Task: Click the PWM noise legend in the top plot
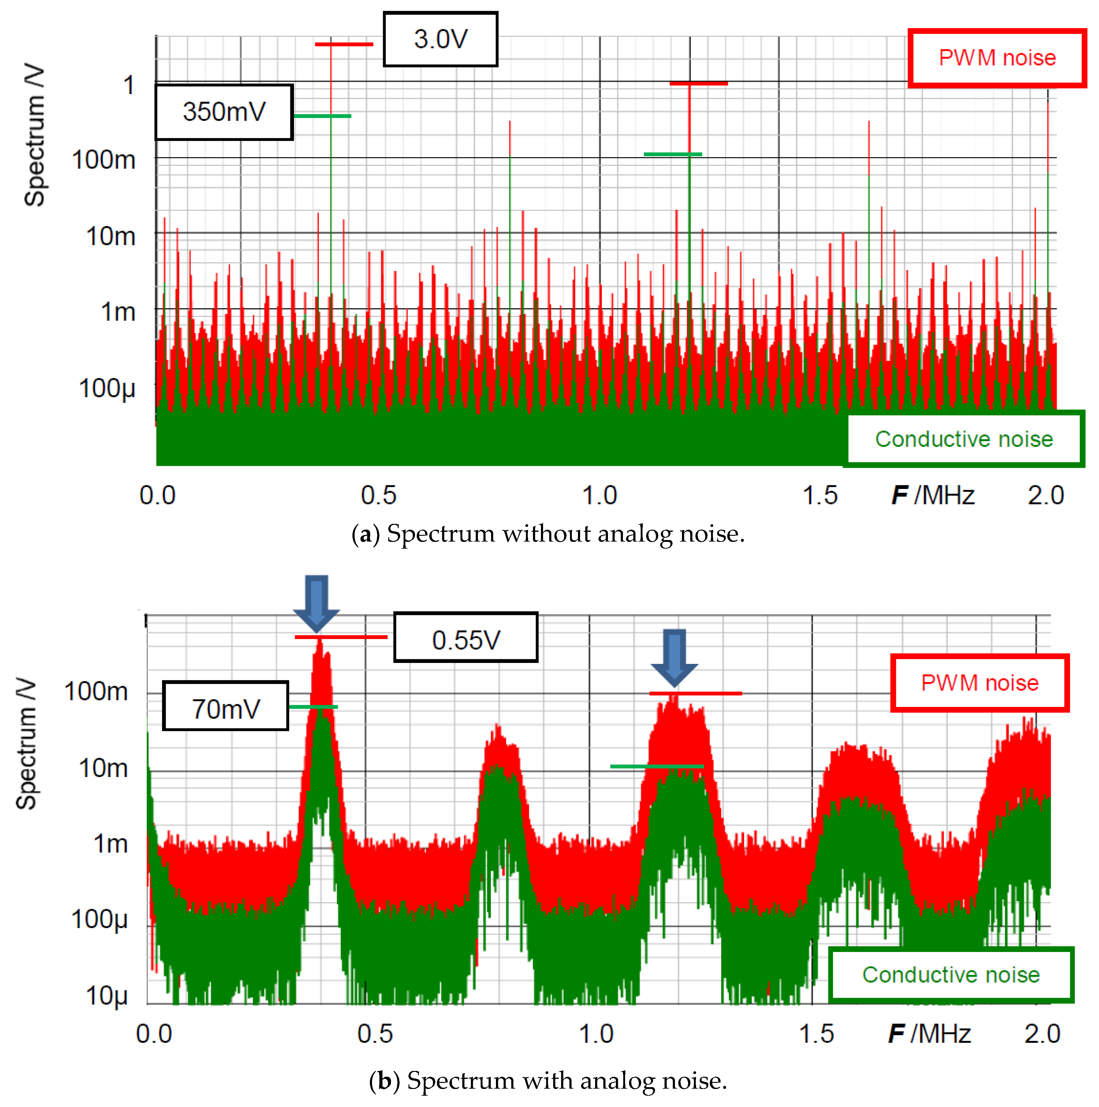click(x=997, y=58)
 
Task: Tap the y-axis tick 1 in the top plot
click(x=129, y=85)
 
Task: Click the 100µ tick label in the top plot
click(x=107, y=388)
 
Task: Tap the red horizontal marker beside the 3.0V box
click(x=344, y=44)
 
